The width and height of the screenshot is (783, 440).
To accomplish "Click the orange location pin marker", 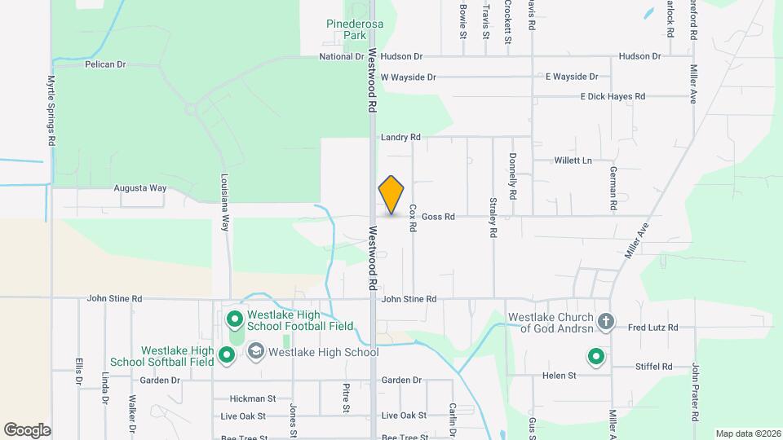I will point(391,194).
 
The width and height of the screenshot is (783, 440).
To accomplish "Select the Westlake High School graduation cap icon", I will point(255,352).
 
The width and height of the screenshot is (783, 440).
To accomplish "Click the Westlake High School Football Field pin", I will point(234,319).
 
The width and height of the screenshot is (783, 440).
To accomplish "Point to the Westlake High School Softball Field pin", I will point(228,354).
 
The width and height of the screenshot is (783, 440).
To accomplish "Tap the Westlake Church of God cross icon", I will point(605,321).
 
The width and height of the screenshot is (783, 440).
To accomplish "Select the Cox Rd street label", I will point(413,219).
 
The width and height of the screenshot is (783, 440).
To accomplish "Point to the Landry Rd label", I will point(400,138).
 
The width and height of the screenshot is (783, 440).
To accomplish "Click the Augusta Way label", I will point(139,188).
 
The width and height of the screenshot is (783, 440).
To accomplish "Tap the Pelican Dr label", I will point(105,64).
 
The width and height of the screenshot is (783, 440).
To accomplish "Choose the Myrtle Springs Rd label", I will point(51,111).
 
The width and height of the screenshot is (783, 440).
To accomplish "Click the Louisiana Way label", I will point(224,201).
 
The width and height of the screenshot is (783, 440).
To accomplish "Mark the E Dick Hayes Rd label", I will point(613,96).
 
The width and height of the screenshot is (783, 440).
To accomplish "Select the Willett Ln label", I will point(573,161).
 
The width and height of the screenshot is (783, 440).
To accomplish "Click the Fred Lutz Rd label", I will point(653,328).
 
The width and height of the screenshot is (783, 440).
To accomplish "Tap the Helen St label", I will point(560,376).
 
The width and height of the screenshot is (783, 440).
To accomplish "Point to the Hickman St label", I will point(253,399).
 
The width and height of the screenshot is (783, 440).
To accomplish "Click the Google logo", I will point(27,430).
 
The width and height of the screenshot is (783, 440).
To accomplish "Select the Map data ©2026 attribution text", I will point(746,433).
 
